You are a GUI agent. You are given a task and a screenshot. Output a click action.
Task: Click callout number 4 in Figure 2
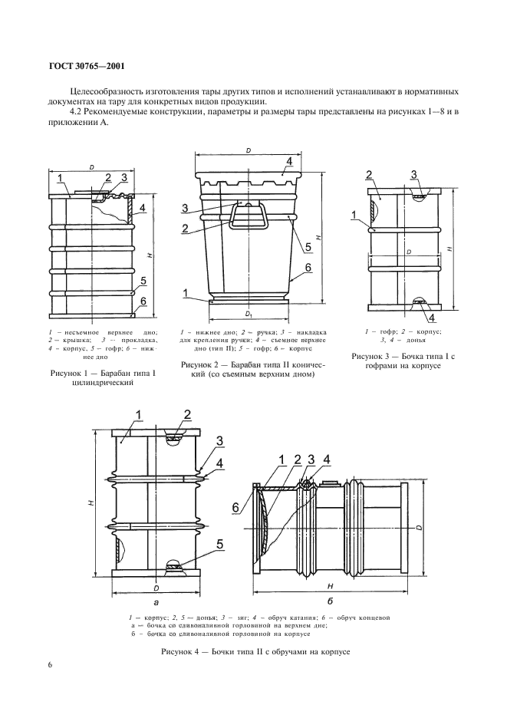click(289, 162)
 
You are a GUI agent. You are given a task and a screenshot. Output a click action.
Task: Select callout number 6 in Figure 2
click(307, 267)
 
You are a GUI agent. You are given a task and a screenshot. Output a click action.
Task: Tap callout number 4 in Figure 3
click(432, 318)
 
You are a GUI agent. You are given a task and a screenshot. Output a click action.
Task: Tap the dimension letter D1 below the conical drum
click(249, 315)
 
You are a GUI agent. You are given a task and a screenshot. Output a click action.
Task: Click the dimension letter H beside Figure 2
click(318, 238)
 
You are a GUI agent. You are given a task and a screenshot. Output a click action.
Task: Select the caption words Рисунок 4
click(182, 650)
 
